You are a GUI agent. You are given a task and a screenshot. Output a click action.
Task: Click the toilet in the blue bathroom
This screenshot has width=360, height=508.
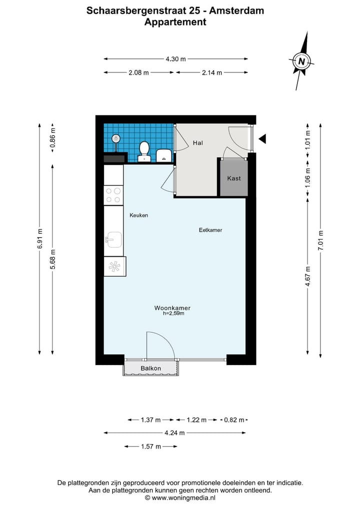(144, 151)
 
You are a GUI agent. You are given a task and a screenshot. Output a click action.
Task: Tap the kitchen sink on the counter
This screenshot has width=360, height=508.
(113, 240)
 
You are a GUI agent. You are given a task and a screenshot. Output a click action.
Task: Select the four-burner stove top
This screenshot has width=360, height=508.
(113, 195)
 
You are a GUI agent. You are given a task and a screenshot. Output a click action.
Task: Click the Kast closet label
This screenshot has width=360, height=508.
(234, 178)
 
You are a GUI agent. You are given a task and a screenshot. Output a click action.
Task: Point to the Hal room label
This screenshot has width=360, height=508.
(198, 143)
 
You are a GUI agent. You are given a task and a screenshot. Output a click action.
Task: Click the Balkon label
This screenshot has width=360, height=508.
(151, 368)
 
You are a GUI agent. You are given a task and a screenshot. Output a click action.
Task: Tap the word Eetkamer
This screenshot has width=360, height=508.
(210, 230)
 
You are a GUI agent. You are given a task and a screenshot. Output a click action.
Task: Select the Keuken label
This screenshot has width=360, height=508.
(139, 215)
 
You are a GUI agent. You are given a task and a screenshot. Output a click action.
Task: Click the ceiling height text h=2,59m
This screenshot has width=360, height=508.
(173, 313)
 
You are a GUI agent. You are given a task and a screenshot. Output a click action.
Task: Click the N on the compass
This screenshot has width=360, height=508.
(301, 61)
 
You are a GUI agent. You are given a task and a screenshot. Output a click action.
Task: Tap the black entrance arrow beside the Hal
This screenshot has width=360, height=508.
(262, 139)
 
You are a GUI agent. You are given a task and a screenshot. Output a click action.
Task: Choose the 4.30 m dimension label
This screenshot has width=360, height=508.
(176, 59)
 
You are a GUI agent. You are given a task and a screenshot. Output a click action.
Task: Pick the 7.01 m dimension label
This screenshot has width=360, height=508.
(321, 240)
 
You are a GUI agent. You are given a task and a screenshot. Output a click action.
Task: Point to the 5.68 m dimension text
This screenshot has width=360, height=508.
(53, 259)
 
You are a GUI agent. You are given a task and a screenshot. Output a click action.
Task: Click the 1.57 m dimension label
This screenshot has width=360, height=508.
(151, 447)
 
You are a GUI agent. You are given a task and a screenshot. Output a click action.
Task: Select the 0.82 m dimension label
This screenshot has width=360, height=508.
(234, 420)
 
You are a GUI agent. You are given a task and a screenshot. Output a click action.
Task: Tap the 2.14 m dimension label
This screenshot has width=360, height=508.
(212, 72)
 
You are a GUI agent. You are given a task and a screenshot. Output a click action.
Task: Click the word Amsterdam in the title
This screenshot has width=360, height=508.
(236, 10)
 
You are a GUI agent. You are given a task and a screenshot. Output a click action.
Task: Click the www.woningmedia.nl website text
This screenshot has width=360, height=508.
(183, 498)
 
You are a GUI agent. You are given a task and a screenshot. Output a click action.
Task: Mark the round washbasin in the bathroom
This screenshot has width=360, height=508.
(116, 139)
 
